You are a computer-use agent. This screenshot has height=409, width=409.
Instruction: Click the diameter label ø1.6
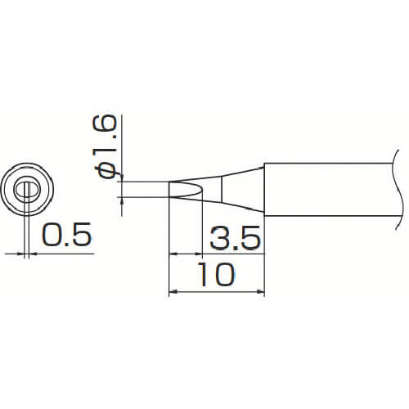point(105,146)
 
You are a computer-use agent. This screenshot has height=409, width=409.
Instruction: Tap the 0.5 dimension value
point(66,234)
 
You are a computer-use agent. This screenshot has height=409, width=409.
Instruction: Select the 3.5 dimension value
point(235,237)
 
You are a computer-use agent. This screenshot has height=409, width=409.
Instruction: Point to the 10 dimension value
point(218,274)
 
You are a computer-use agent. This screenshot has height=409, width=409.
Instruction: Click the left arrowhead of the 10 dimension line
point(173,292)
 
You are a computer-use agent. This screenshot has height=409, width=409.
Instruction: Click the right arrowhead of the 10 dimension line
point(261,292)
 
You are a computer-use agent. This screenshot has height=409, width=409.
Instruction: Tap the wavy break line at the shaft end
point(398,190)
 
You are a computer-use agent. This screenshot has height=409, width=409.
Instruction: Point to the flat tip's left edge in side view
point(169,189)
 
